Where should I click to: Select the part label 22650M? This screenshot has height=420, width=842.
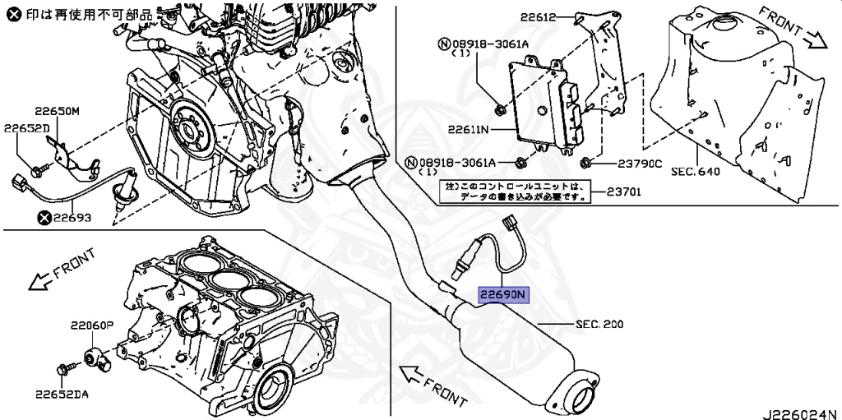[x=57, y=111]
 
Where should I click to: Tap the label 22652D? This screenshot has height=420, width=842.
[x=26, y=128]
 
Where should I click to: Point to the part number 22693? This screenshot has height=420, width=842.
[x=72, y=218]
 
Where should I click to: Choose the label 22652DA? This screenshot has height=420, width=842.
[x=62, y=395]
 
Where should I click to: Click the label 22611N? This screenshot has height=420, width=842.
[x=469, y=130]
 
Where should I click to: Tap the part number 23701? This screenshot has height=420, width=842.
[x=624, y=192]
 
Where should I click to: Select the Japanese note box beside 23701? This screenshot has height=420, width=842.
[x=513, y=192]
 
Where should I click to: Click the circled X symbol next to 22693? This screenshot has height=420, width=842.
[x=44, y=218]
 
